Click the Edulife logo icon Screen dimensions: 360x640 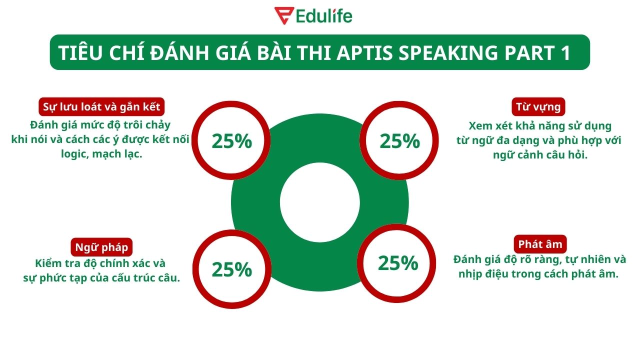pos(282,15)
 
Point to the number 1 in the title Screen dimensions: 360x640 pos(565,52)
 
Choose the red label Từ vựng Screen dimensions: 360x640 pos(538,106)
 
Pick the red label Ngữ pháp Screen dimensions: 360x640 pos(101,247)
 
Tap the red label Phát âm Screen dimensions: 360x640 pos(540,244)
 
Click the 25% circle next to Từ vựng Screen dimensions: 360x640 pos(399,141)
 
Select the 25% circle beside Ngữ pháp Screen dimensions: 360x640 pos(231,269)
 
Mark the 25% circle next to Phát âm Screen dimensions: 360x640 pos(398,263)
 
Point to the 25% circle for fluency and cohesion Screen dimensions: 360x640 pos(231,141)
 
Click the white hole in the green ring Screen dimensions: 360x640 pos(319,202)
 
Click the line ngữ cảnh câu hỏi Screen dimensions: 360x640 pos(539,154)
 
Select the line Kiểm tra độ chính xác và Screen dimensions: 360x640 pos(100,263)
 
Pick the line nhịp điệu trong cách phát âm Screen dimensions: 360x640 pos(539,274)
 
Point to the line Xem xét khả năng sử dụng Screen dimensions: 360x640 pos(540,125)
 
